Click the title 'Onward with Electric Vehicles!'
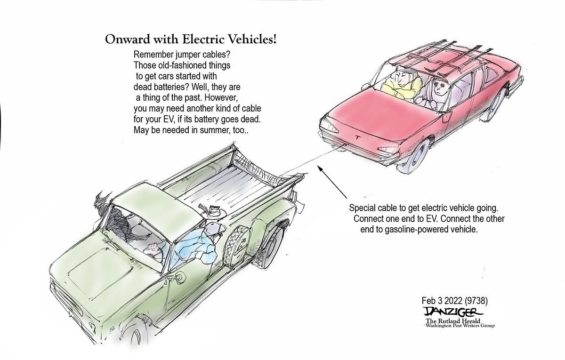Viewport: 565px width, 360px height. (191, 40)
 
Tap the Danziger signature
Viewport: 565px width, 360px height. (453, 312)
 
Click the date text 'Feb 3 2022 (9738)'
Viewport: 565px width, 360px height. (454, 301)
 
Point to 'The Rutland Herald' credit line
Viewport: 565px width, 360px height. (453, 321)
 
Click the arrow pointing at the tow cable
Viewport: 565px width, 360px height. (332, 182)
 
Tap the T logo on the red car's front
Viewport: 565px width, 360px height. (358, 137)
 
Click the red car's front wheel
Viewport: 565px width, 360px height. (414, 155)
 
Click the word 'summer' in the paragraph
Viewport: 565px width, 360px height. (214, 130)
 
